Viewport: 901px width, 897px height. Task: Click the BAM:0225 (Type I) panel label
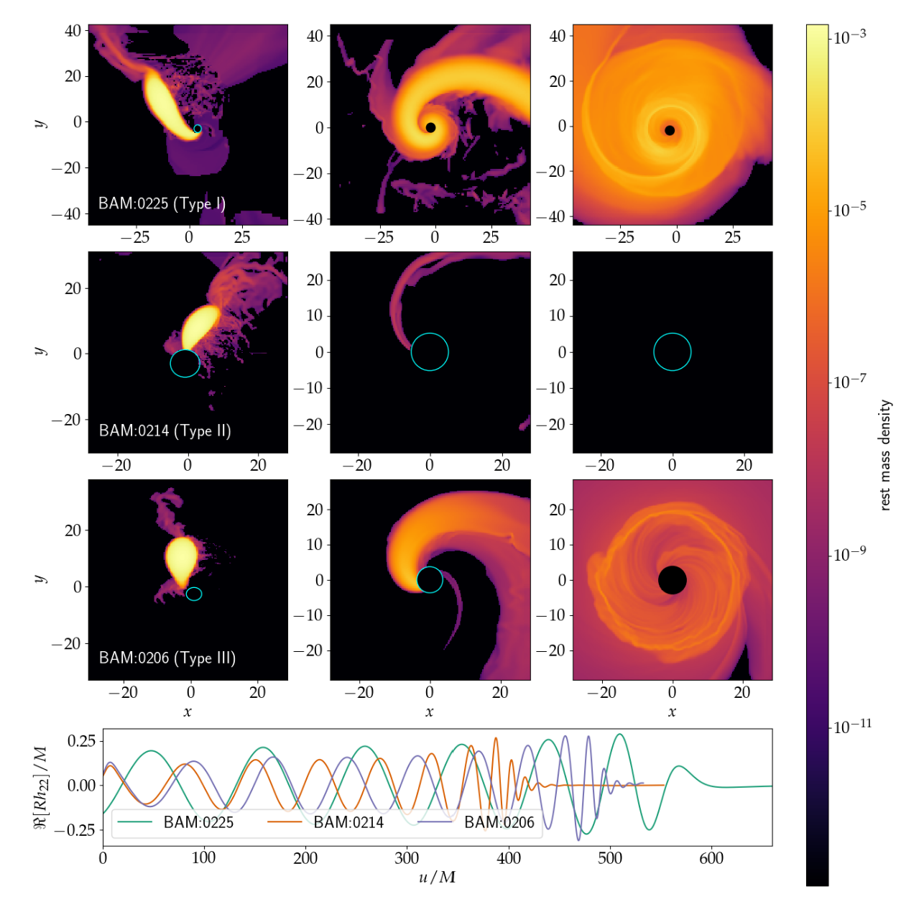pyautogui.click(x=162, y=203)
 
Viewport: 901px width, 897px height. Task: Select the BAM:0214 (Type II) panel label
pyautogui.click(x=165, y=431)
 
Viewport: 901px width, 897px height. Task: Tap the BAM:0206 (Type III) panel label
pyautogui.click(x=167, y=658)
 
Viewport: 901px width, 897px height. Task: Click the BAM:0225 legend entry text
pyautogui.click(x=198, y=822)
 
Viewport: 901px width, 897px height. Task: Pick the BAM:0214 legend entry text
pyautogui.click(x=348, y=822)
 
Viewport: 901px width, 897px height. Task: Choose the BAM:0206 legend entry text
pyautogui.click(x=499, y=822)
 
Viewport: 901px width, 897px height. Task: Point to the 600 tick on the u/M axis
pyautogui.click(x=711, y=858)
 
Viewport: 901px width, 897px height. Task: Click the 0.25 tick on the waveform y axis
pyautogui.click(x=81, y=741)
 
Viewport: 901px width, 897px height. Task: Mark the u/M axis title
pyautogui.click(x=437, y=878)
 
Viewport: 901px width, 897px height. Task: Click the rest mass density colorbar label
pyautogui.click(x=885, y=455)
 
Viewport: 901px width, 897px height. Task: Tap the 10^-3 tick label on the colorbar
pyautogui.click(x=849, y=36)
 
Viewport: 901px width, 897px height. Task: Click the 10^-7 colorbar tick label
pyautogui.click(x=849, y=381)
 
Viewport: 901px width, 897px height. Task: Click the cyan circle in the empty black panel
pyautogui.click(x=672, y=352)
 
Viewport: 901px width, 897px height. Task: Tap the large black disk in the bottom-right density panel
pyautogui.click(x=672, y=579)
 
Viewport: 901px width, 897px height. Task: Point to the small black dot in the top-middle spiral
pyautogui.click(x=430, y=127)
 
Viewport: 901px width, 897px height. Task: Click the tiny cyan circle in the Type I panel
pyautogui.click(x=198, y=129)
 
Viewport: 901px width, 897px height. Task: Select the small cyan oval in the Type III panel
pyautogui.click(x=194, y=594)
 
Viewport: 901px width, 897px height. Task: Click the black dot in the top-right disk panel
pyautogui.click(x=670, y=130)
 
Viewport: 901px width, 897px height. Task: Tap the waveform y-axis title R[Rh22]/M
pyautogui.click(x=41, y=786)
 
